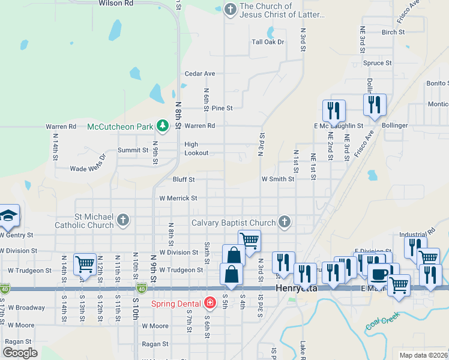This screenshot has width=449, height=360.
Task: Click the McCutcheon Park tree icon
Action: point(161,125)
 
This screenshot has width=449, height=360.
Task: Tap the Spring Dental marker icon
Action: point(209,302)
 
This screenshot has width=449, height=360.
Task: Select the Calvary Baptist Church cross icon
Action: point(285,223)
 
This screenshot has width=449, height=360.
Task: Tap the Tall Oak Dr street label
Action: point(268,42)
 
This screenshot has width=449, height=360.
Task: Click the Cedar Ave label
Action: point(200,74)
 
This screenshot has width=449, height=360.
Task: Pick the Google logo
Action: point(20,352)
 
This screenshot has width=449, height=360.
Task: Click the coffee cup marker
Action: point(379,274)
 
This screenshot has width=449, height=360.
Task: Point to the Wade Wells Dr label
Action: point(88,169)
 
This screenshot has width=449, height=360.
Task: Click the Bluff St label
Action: point(184,179)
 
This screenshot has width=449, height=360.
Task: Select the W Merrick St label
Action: point(178,198)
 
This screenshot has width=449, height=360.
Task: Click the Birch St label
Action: point(393,32)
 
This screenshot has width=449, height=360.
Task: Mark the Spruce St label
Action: point(378,62)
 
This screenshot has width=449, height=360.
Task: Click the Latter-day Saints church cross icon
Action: point(229,9)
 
